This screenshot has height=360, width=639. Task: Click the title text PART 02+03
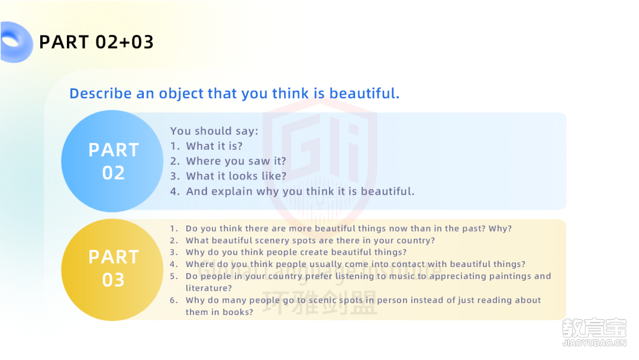96,42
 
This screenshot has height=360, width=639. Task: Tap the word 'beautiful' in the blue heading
364,94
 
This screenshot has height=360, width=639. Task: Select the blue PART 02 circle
112,161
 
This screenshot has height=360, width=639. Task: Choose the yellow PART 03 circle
112,269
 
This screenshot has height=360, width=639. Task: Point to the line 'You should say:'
214,131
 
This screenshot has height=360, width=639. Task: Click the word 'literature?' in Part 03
209,288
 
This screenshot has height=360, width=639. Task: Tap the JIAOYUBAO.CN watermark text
594,343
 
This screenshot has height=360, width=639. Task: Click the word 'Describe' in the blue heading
101,94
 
